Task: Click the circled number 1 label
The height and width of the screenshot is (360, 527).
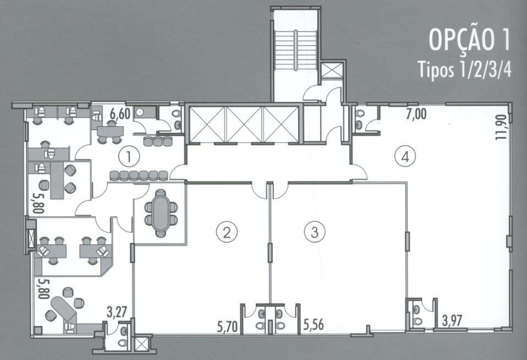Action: click(x=129, y=157)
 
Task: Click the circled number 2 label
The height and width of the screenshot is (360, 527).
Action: click(x=227, y=232)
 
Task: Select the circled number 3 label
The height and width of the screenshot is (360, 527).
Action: click(x=315, y=232)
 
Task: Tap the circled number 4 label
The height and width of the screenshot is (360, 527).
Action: click(x=405, y=156)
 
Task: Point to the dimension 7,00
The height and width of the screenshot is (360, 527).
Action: click(x=416, y=114)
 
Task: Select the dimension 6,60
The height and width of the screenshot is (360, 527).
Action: click(x=120, y=114)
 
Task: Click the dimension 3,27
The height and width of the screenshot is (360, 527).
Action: click(x=117, y=312)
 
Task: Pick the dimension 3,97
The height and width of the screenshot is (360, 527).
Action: click(x=452, y=320)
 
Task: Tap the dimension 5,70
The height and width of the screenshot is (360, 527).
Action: click(x=227, y=326)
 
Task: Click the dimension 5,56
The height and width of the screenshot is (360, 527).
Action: click(x=314, y=325)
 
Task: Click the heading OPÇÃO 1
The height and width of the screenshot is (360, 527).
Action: click(x=469, y=40)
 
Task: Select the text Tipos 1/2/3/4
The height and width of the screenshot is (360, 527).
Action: click(x=464, y=70)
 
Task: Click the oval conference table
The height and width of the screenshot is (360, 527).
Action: click(x=161, y=214)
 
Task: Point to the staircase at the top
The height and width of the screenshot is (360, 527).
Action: click(x=295, y=51)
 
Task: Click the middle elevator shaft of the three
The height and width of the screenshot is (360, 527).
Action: click(x=244, y=124)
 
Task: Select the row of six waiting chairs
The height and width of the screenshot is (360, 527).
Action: click(x=139, y=176)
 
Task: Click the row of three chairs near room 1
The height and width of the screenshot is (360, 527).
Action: click(x=158, y=141)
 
